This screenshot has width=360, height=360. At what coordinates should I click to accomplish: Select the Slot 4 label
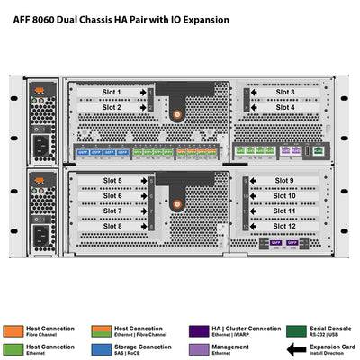(x=284, y=107)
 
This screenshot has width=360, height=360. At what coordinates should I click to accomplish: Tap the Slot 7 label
(x=112, y=211)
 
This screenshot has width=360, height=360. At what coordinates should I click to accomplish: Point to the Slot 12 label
(x=284, y=226)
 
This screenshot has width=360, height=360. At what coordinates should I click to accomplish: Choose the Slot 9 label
(x=284, y=181)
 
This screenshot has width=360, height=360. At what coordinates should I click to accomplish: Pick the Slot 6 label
(x=112, y=195)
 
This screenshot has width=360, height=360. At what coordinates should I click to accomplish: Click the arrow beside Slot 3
(x=254, y=92)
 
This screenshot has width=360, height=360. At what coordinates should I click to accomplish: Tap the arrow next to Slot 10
(x=254, y=195)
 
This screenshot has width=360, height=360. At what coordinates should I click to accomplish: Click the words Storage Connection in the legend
(x=144, y=345)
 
